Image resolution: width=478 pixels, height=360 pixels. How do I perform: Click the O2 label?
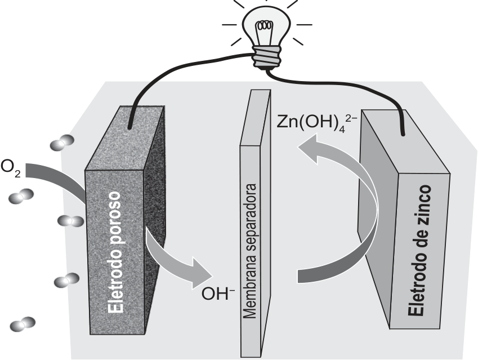(11, 168)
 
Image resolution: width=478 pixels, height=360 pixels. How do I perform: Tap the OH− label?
(218, 294)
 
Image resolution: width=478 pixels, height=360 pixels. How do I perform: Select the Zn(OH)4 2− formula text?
(316, 122)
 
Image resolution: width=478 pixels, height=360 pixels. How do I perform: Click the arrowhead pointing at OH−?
(201, 273)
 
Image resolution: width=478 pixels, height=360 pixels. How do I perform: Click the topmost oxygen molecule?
(62, 143)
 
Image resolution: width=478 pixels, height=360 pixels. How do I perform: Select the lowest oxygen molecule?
(23, 325)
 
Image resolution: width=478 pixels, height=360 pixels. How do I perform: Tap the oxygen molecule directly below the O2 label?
(21, 196)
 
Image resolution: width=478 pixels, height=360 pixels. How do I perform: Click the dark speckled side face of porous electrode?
(155, 214)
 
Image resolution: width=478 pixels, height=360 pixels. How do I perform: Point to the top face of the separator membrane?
(255, 117)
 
